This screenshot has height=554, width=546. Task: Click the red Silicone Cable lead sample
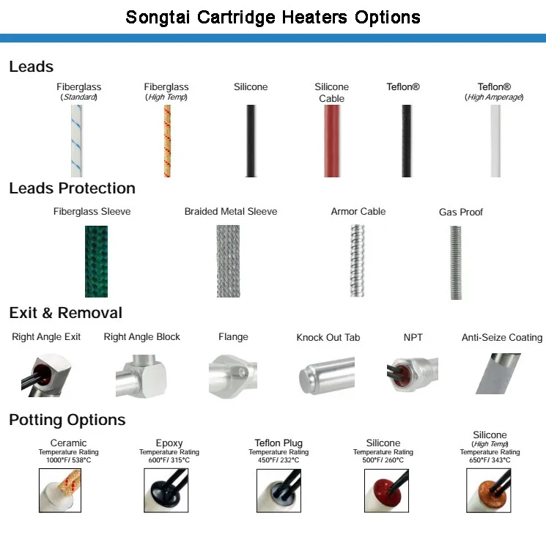pos(332,141)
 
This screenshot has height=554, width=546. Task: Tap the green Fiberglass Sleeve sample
pos(96,261)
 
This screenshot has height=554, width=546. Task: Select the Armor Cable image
pos(358,260)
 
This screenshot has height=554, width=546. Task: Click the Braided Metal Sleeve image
pos(229,261)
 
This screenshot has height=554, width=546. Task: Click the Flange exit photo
pos(233,374)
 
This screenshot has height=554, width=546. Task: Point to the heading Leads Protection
pos(72,188)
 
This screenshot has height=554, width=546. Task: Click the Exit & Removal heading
pos(66,313)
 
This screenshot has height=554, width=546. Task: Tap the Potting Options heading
pos(67,420)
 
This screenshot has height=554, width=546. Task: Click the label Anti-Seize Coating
pos(502,338)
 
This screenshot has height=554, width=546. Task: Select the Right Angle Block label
pos(142,337)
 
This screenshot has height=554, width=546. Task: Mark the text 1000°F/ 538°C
pos(68,460)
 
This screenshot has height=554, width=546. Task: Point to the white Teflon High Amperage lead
pos(495,141)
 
